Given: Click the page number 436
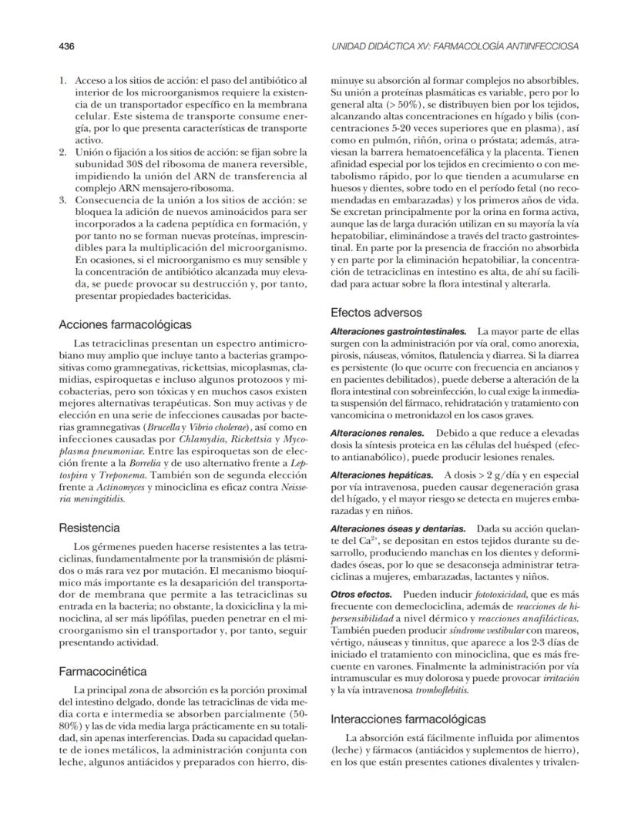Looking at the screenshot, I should coord(67,46).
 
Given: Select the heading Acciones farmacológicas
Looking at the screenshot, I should coord(126,324).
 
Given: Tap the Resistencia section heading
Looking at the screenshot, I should coord(89,528).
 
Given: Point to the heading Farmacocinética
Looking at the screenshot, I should coord(103,671).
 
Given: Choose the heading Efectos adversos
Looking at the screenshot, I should coord(376,313).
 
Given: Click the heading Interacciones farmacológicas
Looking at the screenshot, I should coord(408,719).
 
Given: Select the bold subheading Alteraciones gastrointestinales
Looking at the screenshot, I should coord(398,330).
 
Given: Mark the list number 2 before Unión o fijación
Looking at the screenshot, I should coord(63,152).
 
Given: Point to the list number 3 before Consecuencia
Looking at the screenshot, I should coord(63,198).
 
